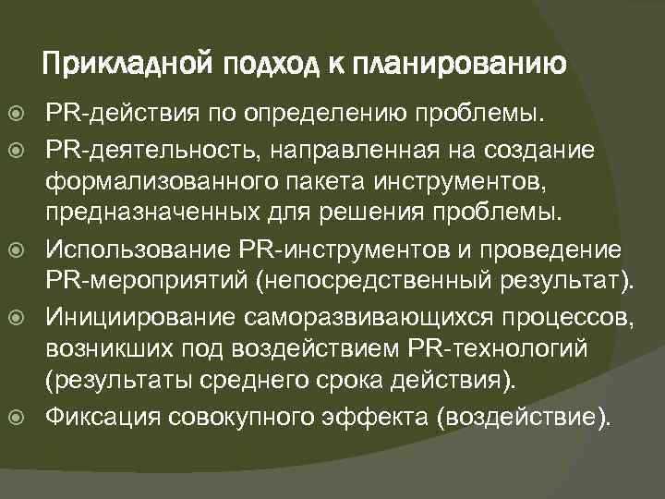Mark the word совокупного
coord(244,416)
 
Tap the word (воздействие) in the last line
coord(526,416)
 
